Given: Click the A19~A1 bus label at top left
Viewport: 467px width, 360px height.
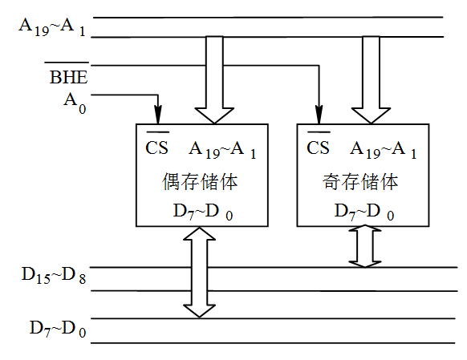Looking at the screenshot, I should (x=51, y=26).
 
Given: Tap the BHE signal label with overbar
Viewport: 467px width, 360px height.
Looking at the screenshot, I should (x=68, y=78).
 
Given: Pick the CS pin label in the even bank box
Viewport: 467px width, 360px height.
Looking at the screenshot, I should (x=156, y=148).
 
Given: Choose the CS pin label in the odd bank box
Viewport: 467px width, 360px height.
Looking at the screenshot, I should (x=319, y=148).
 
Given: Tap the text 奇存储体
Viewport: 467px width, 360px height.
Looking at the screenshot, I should (x=360, y=181).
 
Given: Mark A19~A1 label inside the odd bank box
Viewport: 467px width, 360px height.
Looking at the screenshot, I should (x=383, y=148).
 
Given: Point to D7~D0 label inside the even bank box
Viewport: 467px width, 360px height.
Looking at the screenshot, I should (x=202, y=212).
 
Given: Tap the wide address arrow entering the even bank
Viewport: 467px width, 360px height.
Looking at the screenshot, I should (x=214, y=80).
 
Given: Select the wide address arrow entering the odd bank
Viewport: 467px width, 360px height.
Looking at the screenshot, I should (x=370, y=80).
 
